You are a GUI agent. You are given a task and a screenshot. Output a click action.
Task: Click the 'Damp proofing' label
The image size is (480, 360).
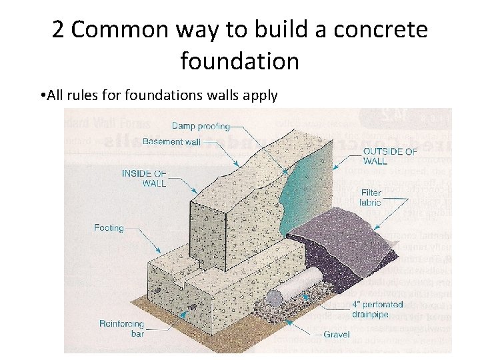(x=201, y=126)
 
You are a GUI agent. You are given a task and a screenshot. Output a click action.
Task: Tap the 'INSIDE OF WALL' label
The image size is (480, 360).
(x=143, y=179)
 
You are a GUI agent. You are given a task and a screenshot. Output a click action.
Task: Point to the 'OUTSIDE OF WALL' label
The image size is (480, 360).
(x=390, y=156)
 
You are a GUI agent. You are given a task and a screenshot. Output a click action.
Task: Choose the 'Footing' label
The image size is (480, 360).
(x=109, y=228)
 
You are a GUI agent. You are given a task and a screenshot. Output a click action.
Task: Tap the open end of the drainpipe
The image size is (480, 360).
(x=273, y=297)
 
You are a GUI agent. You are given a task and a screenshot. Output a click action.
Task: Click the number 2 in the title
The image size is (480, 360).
(x=58, y=30)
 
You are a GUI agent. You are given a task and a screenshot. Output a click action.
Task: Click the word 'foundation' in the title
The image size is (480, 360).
(x=239, y=61)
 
